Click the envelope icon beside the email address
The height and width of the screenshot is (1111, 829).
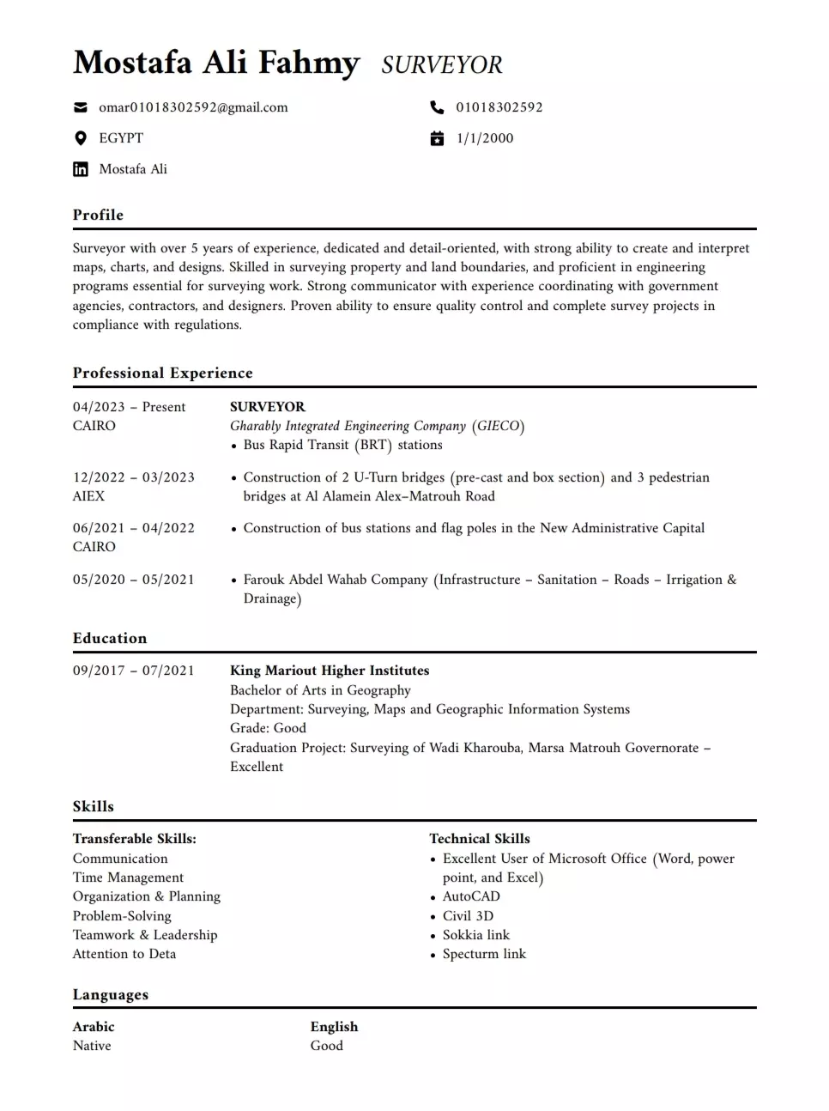tap(81, 107)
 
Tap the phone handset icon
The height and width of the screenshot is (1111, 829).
tap(437, 107)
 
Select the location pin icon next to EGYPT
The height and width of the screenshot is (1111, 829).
tap(81, 138)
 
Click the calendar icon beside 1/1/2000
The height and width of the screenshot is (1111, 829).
tap(437, 138)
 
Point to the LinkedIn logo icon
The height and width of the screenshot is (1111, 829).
tap(81, 169)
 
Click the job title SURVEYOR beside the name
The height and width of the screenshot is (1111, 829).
tap(442, 65)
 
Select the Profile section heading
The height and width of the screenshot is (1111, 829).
tap(98, 215)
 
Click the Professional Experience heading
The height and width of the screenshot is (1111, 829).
tap(162, 373)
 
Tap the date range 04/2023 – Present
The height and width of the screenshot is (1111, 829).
tap(129, 407)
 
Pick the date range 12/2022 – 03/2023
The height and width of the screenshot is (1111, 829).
tap(133, 477)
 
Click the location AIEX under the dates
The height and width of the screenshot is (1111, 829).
tap(88, 496)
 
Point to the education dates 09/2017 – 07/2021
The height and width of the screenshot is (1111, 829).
tap(133, 671)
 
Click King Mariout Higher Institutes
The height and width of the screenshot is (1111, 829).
tap(330, 671)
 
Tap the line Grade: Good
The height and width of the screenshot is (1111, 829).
tap(268, 728)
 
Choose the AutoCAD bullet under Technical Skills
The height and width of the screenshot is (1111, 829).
tap(471, 896)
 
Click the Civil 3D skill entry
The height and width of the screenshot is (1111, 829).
tap(468, 916)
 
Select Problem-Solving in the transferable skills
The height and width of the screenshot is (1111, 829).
tap(122, 916)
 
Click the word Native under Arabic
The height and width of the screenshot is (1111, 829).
tap(92, 1046)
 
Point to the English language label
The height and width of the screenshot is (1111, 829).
tap(334, 1027)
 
